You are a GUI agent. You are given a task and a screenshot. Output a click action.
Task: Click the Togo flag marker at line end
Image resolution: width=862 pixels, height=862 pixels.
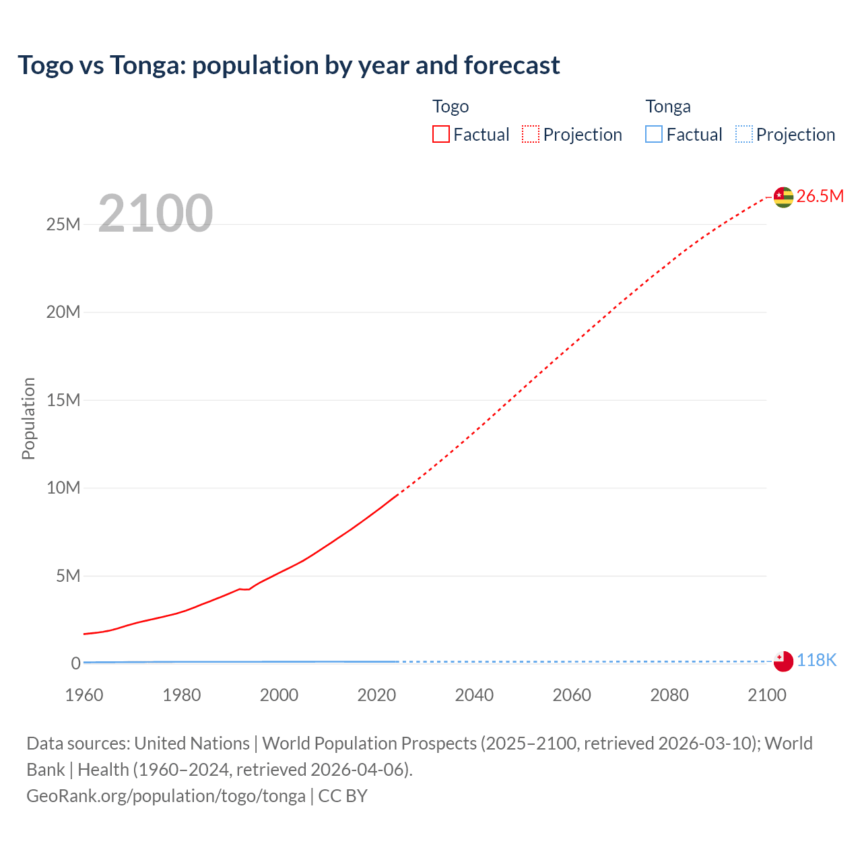tap(783, 197)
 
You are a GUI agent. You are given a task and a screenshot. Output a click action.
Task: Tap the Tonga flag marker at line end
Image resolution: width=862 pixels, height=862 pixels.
tap(783, 661)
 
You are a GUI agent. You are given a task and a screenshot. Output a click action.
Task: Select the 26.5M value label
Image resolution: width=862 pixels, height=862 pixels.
tap(820, 196)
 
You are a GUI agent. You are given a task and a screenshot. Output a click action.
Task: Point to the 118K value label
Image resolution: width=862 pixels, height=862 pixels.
tap(816, 661)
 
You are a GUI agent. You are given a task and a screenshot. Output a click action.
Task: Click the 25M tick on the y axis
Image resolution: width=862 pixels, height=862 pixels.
tap(63, 224)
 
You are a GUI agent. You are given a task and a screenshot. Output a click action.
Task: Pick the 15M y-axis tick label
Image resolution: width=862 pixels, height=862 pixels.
tap(63, 400)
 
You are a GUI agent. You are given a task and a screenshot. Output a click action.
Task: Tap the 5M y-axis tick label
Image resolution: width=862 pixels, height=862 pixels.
tap(68, 576)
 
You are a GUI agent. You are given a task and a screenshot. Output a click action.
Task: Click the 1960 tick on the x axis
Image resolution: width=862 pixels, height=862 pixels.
tap(84, 695)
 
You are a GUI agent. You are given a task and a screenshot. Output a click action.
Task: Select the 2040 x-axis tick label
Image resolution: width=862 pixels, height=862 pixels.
tap(474, 695)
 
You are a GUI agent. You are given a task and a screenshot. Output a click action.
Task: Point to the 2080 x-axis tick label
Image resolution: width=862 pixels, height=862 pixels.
tap(669, 695)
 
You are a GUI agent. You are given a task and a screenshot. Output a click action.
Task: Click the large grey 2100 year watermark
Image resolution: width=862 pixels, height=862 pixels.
tap(156, 213)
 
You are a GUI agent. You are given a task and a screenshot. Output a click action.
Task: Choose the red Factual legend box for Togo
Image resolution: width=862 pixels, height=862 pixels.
tap(441, 135)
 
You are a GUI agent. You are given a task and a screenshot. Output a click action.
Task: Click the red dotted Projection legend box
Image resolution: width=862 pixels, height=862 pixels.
tap(531, 135)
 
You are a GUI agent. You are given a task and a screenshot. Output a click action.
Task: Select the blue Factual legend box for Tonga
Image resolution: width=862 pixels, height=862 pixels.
tap(654, 135)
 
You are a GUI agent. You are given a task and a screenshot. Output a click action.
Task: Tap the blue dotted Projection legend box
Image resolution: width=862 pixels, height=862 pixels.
tap(744, 135)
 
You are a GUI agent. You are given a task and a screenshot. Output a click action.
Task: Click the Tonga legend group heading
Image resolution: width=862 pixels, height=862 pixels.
tap(668, 106)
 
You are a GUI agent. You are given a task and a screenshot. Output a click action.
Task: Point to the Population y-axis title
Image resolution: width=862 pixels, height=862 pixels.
tap(28, 418)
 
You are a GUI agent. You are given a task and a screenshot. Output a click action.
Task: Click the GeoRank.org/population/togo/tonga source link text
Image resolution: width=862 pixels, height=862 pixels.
tap(166, 796)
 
